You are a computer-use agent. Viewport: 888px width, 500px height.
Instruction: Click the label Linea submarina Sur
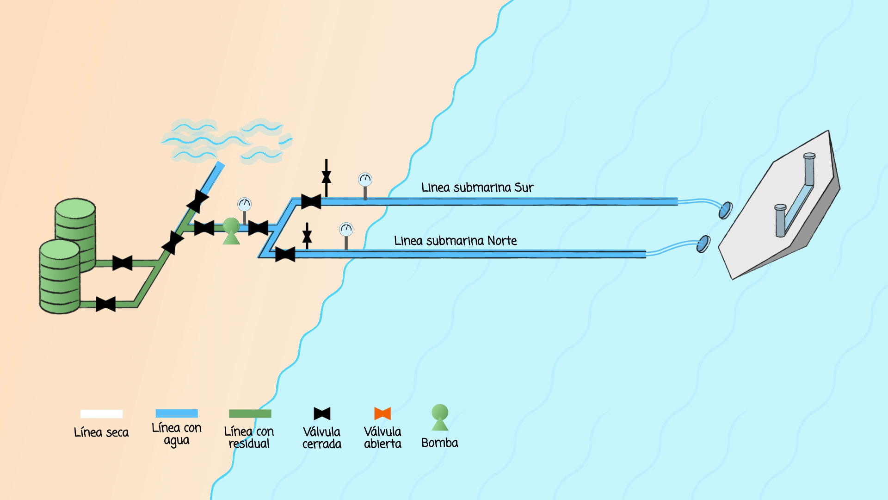pos(477,187)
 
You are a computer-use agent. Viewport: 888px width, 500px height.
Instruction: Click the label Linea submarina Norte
pos(455,241)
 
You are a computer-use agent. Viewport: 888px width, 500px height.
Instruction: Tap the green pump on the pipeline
pos(231,231)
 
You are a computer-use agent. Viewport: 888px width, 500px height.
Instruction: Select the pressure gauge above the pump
pos(244,204)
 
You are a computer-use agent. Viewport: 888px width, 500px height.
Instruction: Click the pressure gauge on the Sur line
pos(365,180)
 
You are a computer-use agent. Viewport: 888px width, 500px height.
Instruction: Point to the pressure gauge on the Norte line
pos(346,229)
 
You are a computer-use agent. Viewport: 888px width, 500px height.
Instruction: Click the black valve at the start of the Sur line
pos(311,201)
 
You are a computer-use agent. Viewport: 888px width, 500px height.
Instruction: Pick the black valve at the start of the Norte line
pos(285,254)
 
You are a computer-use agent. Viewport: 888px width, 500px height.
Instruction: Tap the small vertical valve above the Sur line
pos(327,176)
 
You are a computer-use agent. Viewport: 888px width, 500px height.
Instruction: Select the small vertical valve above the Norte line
pos(307,236)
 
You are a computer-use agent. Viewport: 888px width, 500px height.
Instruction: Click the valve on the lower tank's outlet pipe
pos(105,304)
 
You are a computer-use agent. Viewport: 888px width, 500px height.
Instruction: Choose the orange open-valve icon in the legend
pos(382,413)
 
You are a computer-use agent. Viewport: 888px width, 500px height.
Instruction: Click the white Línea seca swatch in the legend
pos(101,414)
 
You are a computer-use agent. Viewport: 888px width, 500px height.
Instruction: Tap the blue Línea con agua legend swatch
pos(177,413)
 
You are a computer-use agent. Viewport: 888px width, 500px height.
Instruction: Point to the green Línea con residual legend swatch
pos(250,413)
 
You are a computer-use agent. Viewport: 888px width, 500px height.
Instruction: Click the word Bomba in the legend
pos(439,443)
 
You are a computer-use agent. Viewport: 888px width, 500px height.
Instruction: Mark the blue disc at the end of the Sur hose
pos(725,210)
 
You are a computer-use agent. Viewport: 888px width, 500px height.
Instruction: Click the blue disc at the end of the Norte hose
pos(703,244)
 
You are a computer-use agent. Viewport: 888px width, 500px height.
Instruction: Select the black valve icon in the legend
pos(322,413)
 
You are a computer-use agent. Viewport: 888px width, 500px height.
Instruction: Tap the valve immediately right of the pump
pos(258,228)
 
